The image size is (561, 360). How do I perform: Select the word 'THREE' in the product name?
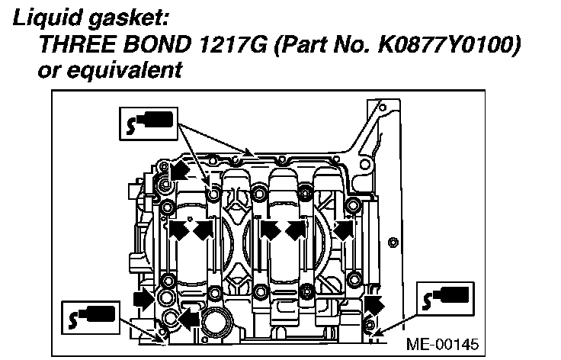coord(72,45)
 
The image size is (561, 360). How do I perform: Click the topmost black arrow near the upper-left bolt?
coord(178,169)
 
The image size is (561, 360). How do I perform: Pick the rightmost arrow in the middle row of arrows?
coord(345,229)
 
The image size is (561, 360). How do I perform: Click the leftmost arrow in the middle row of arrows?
coord(178,229)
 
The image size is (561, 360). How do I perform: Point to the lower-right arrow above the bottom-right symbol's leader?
coord(371,304)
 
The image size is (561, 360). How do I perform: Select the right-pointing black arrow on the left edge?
coord(143,297)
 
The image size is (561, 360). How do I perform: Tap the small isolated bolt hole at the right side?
coord(393,243)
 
